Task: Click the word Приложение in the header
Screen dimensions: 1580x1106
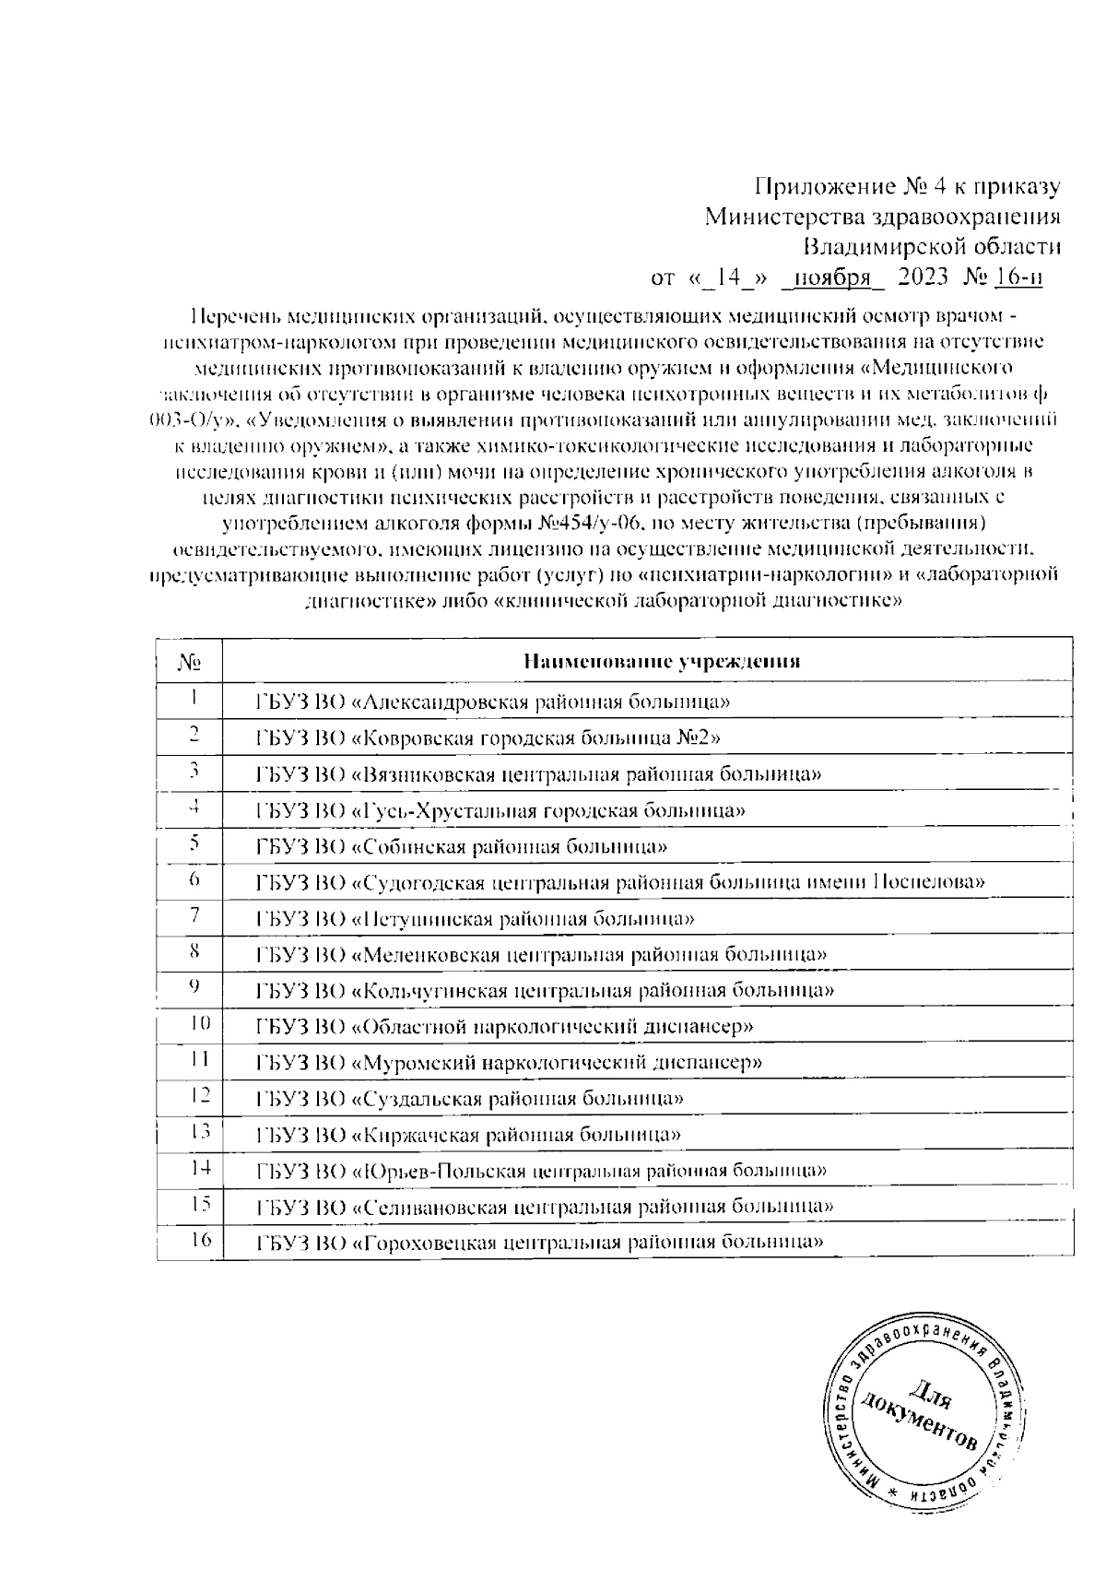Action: pyautogui.click(x=822, y=187)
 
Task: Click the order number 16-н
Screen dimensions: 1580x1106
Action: pyautogui.click(x=1019, y=277)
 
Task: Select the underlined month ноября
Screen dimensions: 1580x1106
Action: pyautogui.click(x=832, y=277)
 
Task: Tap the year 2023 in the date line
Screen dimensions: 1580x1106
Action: pyautogui.click(x=924, y=277)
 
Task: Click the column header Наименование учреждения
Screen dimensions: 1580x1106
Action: pyautogui.click(x=661, y=661)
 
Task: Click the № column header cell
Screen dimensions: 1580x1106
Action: pyautogui.click(x=189, y=661)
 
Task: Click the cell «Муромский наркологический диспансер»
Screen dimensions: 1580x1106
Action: pyautogui.click(x=509, y=1062)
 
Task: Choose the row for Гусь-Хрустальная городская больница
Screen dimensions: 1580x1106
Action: pyautogui.click(x=500, y=811)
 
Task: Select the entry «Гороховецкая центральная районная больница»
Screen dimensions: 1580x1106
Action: pyautogui.click(x=539, y=1242)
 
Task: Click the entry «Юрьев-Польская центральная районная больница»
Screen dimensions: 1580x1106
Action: pyautogui.click(x=541, y=1171)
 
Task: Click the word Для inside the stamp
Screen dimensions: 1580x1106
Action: pyautogui.click(x=934, y=1398)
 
